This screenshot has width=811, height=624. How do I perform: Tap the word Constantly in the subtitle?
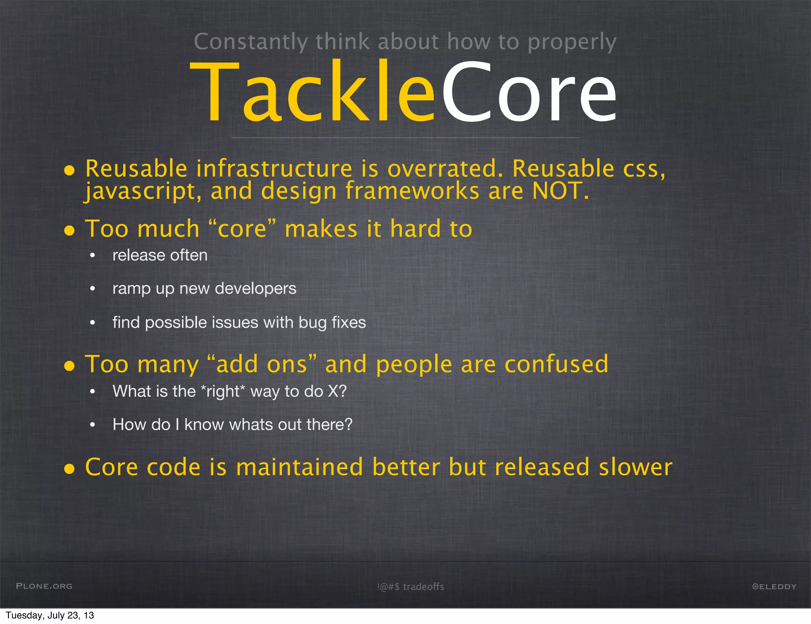(x=251, y=42)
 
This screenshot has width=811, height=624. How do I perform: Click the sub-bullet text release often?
(x=160, y=255)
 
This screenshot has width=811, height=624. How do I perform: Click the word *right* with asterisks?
(x=223, y=392)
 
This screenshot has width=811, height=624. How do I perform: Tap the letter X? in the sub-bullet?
(x=337, y=392)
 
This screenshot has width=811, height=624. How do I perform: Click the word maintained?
(x=299, y=467)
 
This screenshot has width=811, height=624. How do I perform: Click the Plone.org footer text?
(x=44, y=586)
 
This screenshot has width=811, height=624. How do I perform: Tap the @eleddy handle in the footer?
(x=774, y=586)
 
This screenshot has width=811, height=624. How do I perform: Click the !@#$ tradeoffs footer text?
(x=410, y=587)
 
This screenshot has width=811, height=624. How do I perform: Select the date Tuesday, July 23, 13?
(x=50, y=615)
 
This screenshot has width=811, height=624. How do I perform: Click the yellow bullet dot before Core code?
(x=70, y=469)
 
